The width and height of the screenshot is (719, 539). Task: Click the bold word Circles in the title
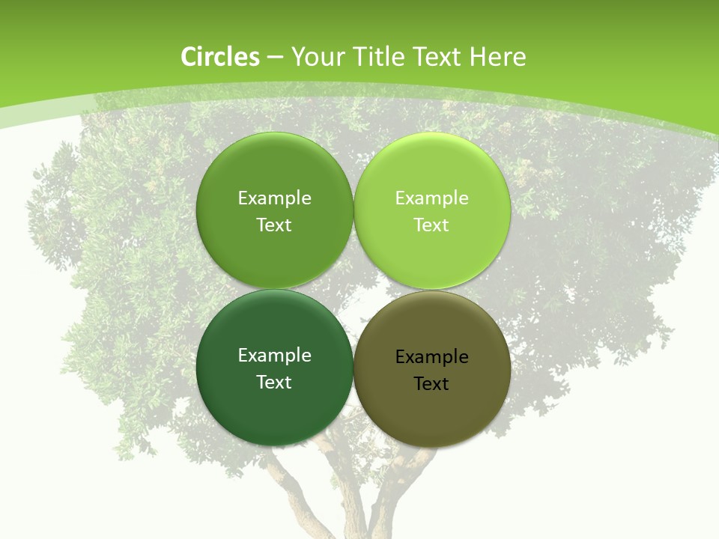[219, 57]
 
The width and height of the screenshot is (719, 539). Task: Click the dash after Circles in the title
[275, 58]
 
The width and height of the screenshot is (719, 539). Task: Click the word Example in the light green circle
[431, 198]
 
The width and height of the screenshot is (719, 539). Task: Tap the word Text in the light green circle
[431, 225]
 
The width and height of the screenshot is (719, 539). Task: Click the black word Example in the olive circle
[431, 357]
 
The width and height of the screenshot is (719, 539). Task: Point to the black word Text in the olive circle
[431, 384]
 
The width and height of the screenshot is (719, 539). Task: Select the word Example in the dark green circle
[274, 356]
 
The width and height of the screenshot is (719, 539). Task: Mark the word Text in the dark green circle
[274, 383]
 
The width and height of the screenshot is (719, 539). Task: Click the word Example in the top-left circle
[274, 198]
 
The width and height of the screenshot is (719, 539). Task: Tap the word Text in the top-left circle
[274, 225]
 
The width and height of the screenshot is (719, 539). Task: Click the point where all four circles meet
[354, 289]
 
